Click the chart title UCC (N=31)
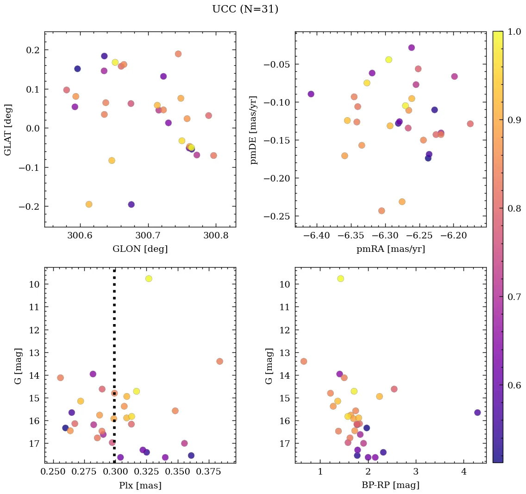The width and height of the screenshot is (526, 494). coord(245,9)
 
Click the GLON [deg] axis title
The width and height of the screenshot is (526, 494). coord(140,249)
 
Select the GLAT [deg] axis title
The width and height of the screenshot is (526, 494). coord(8,130)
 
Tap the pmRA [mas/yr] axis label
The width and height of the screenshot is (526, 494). coord(390,249)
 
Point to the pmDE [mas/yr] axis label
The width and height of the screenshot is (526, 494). coord(253,130)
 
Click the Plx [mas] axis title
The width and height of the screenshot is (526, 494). coord(140,485)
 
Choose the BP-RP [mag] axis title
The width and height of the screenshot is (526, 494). coord(390,485)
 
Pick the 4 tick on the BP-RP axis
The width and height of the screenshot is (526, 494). coord(464,472)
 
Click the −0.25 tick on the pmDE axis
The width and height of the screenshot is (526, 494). coord(277,216)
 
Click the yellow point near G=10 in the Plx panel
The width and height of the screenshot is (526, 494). coord(149,279)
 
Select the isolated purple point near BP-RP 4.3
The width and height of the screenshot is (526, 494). coord(477,413)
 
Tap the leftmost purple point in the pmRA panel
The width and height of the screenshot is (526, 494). coord(311,94)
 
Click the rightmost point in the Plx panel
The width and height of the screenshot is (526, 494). coord(219,361)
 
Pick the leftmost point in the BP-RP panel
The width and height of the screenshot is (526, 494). coord(304,361)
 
